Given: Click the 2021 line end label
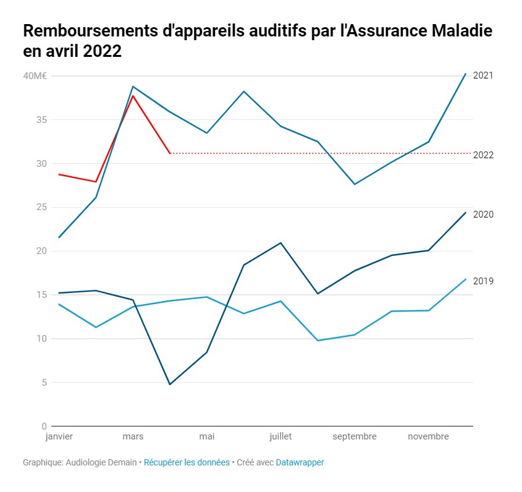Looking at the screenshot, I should point(482,75).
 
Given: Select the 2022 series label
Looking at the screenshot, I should point(482,155).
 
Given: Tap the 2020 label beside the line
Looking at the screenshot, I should point(482,214).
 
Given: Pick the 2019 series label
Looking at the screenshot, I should point(482,281).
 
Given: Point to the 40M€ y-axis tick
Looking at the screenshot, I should point(35,76).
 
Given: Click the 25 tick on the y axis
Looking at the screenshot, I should point(41,207).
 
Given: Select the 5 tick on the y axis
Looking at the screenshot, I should point(44,383).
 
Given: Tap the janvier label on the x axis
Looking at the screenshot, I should point(59,436).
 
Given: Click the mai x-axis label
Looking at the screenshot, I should point(207,436).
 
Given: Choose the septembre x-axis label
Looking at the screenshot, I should point(355,436).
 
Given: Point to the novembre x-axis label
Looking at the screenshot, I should point(428,436).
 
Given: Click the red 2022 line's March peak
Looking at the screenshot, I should point(133,96).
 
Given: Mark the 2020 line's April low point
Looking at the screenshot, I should point(170,384).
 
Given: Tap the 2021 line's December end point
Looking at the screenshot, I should point(465,74).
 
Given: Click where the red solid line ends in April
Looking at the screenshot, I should point(170,153).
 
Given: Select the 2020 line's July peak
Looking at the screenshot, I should point(281,243).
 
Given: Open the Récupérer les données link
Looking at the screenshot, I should point(187,462).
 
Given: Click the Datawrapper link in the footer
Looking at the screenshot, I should point(300,462).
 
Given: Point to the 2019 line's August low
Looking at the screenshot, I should point(318,341).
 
